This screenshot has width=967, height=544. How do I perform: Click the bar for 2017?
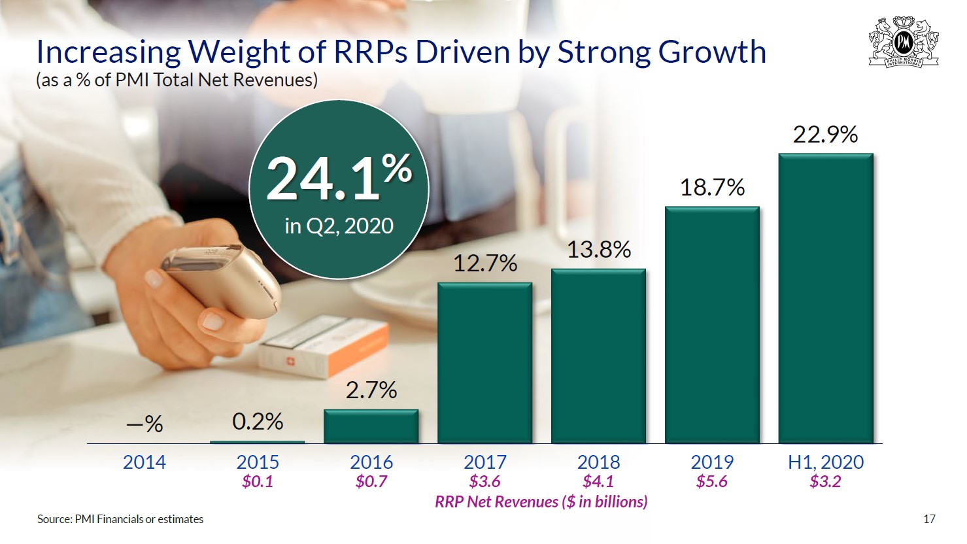[x=484, y=363]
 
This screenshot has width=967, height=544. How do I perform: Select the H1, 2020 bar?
[x=826, y=298]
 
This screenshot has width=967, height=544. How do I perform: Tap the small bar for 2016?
[x=371, y=426]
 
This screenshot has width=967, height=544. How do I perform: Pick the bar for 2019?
[x=712, y=325]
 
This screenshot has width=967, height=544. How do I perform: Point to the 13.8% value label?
[x=598, y=250]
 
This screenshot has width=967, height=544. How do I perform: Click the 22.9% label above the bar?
[x=825, y=135]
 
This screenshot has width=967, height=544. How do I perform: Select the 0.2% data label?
[x=258, y=422]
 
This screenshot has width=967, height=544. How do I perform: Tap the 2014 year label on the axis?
[x=144, y=462]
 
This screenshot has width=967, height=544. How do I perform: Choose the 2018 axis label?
[x=598, y=462]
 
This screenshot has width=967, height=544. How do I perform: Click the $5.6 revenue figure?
[x=712, y=482]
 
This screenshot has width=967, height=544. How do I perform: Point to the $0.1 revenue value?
[x=258, y=482]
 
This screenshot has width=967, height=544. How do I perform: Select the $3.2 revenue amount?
[x=825, y=482]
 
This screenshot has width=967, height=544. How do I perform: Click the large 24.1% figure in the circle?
[x=339, y=178]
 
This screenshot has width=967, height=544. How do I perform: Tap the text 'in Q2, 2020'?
[x=339, y=226]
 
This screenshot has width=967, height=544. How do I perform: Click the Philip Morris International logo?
[x=903, y=42]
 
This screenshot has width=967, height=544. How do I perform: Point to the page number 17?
[x=929, y=519]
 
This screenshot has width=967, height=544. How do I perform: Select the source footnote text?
[x=120, y=519]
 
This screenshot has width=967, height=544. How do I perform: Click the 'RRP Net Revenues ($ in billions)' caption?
[x=541, y=501]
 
